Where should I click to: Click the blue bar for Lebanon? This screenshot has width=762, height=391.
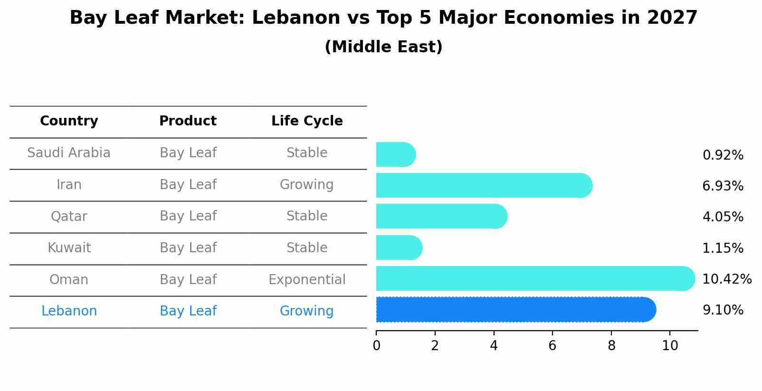tap(515, 310)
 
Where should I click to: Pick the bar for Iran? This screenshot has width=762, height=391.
tap(484, 185)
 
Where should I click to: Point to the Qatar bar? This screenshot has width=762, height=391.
tap(441, 216)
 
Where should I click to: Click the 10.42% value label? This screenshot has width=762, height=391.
tap(726, 279)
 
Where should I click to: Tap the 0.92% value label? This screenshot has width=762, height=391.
tap(723, 155)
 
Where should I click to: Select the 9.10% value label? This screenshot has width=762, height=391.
tap(723, 310)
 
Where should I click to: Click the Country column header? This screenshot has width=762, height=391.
tap(69, 121)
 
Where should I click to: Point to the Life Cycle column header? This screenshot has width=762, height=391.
tap(307, 121)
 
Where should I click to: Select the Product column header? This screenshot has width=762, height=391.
tap(188, 121)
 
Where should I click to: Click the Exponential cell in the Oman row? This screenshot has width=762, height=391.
tap(307, 279)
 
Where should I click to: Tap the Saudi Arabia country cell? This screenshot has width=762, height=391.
tap(69, 153)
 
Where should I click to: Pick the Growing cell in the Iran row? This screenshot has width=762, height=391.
tap(307, 184)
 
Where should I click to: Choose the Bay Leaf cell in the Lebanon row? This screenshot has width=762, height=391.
tap(188, 311)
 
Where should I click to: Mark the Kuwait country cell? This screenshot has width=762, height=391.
tap(69, 248)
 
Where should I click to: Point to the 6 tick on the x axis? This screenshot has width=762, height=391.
tap(552, 346)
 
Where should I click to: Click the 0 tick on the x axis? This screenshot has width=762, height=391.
tap(376, 346)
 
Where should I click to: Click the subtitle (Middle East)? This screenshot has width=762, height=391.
tap(383, 47)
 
